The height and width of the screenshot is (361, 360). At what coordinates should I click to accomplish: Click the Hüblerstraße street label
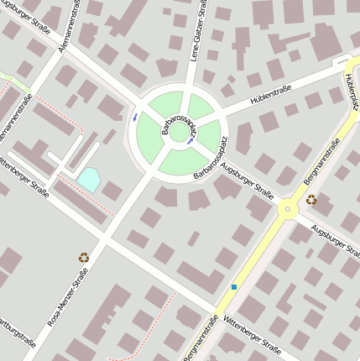[x=274, y=96]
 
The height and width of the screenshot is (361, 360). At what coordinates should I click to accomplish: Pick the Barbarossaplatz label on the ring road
[x=210, y=167]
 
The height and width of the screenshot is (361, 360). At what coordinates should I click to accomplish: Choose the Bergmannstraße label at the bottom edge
[x=203, y=338]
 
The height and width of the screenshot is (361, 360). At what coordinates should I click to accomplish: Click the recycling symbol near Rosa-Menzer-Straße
[x=84, y=258]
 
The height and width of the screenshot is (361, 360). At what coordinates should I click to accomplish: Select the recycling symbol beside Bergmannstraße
[x=311, y=200]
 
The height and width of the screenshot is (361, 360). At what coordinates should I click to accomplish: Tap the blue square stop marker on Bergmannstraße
[x=234, y=287]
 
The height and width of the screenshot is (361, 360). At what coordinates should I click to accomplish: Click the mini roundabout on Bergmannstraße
[x=287, y=207]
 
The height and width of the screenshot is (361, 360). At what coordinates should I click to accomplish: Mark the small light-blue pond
[x=88, y=178]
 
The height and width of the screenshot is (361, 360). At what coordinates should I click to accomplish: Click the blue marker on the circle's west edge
[x=135, y=117]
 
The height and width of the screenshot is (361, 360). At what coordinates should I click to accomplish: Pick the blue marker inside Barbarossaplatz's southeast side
[x=192, y=141]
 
